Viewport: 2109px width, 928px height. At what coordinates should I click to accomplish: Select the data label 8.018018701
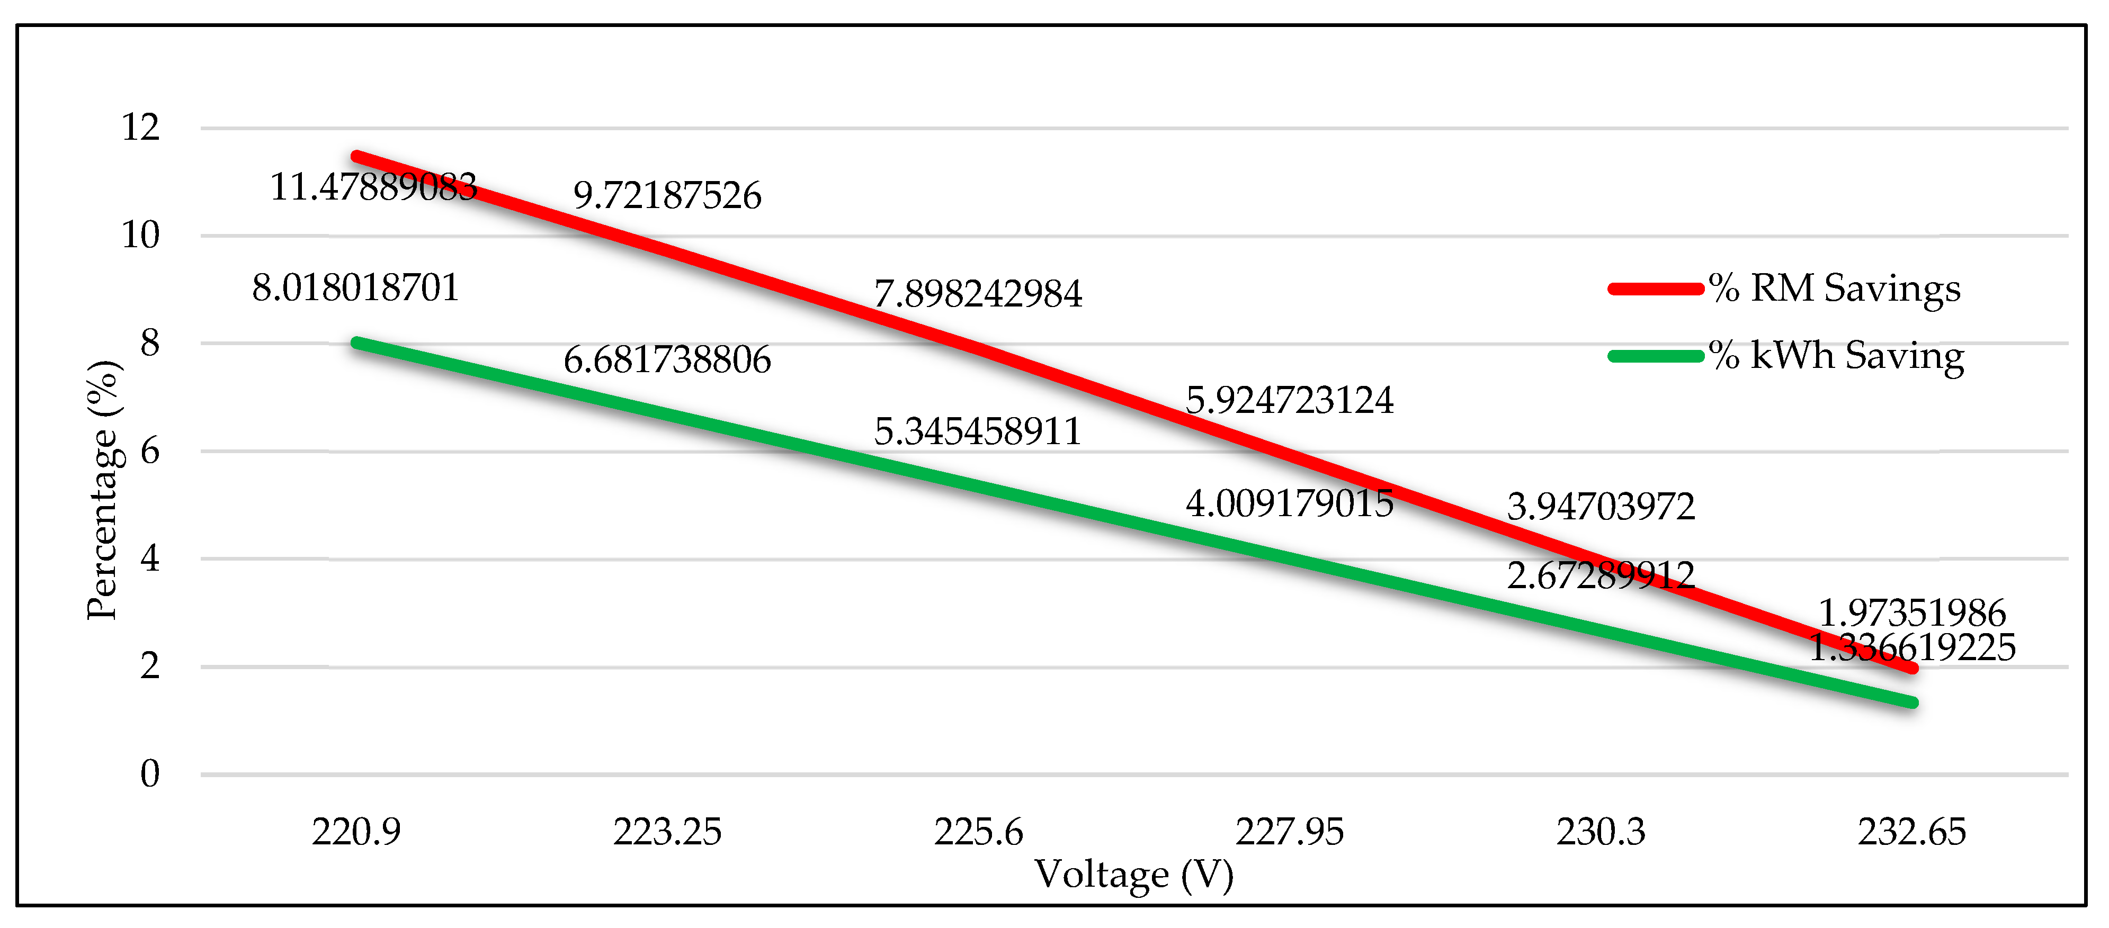(355, 288)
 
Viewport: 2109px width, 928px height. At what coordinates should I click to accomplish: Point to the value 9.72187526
(667, 195)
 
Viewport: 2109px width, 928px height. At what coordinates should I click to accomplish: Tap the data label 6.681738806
(667, 360)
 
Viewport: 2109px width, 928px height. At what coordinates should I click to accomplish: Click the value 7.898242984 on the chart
(978, 294)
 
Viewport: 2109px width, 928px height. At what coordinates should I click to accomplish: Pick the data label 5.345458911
(978, 431)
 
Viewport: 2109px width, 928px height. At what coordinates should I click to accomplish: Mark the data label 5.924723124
(1290, 400)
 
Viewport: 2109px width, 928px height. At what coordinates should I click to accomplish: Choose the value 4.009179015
(1290, 503)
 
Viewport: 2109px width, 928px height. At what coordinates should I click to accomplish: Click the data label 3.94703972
(1601, 507)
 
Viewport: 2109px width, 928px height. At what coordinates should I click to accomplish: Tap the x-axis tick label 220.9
(356, 832)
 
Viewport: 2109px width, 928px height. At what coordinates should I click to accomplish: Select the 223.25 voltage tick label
(667, 832)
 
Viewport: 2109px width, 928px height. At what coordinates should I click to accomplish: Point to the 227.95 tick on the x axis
(1290, 832)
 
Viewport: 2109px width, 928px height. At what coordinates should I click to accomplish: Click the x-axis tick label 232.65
(1911, 832)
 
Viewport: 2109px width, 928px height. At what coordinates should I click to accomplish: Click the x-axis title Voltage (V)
(1134, 875)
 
